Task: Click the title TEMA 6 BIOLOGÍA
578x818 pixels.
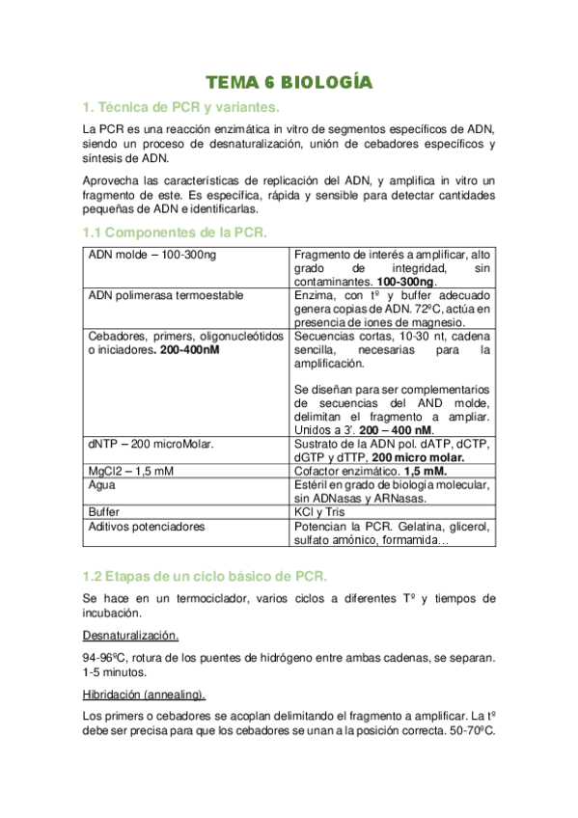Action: [289, 83]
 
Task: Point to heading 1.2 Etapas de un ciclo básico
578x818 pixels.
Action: [205, 576]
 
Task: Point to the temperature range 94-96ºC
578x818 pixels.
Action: [108, 658]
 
